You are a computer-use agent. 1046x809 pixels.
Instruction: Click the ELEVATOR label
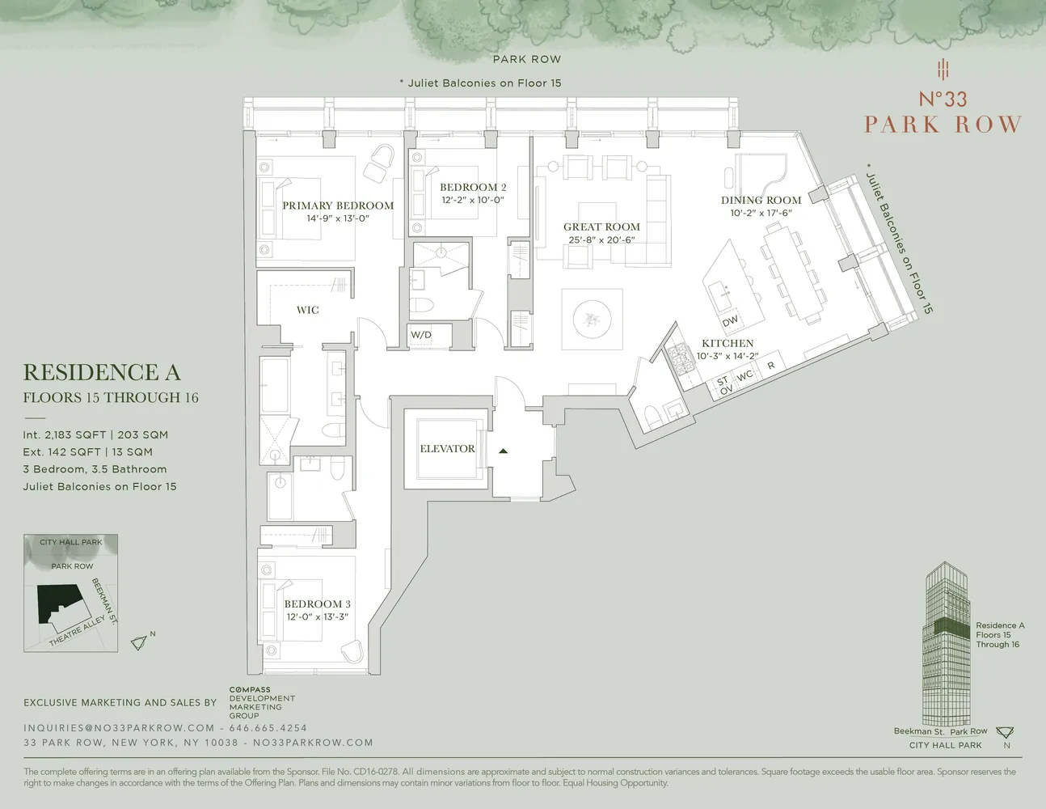point(447,448)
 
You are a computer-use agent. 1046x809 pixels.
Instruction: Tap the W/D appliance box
point(421,335)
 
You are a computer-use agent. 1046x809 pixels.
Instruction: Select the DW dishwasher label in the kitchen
point(730,321)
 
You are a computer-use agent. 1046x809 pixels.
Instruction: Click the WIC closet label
point(307,310)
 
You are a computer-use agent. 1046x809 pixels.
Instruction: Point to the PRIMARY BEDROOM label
point(338,205)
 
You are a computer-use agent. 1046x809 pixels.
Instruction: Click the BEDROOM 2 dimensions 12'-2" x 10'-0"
point(473,200)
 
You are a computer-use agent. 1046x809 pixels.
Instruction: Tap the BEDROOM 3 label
point(317,604)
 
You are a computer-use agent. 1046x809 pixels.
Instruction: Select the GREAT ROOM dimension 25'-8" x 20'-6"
point(601,239)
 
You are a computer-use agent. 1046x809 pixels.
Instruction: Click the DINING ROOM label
point(761,200)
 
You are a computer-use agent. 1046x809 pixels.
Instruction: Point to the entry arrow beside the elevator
point(503,451)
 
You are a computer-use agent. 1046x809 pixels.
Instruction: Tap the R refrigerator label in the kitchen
point(771,366)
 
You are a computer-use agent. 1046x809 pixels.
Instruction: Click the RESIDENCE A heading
point(102,372)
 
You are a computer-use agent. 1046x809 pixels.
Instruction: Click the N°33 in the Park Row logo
point(943,100)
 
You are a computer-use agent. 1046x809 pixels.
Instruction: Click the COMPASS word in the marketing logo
point(250,690)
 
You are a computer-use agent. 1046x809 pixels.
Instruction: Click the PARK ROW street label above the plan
point(526,59)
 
